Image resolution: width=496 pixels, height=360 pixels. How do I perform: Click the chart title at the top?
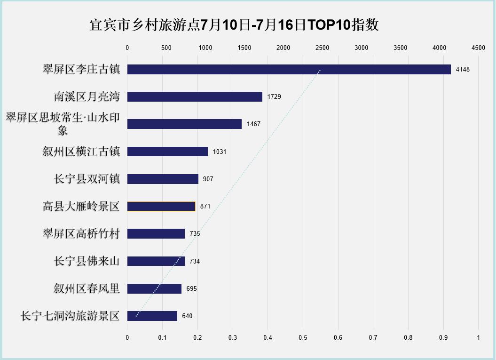coord(234,25)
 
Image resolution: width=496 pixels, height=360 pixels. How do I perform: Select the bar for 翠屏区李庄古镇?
coord(289,70)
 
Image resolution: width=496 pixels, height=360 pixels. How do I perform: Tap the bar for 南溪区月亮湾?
coord(195,97)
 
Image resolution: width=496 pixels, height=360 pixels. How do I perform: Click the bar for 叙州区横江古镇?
coord(167,152)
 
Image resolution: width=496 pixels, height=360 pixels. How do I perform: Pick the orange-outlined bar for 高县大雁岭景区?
coord(161,207)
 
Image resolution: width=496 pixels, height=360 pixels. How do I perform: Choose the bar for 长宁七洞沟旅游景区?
coord(152,316)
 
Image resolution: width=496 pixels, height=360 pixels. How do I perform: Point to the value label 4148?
coord(463,70)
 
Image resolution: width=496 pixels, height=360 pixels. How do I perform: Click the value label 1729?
coord(274,97)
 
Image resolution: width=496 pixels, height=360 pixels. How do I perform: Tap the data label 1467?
coord(253,124)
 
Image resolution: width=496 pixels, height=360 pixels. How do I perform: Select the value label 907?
coord(208,179)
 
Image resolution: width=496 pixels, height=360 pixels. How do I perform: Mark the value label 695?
coord(191,289)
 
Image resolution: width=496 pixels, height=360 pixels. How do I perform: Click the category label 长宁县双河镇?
coord(87,179)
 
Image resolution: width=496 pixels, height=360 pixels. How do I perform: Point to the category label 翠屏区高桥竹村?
coord(81,233)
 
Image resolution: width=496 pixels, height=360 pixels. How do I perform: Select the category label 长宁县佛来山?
coord(87,261)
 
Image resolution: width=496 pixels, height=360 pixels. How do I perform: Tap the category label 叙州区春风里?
coord(87,288)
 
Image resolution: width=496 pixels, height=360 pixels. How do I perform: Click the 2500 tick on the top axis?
coord(322,48)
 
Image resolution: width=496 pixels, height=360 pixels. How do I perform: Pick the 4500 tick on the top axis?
coord(478,48)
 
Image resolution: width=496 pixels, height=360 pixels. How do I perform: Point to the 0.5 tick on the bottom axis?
coord(303,337)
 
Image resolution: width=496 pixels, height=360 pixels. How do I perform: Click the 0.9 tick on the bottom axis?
coord(443,337)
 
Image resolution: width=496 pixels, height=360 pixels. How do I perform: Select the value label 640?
coord(187,316)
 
